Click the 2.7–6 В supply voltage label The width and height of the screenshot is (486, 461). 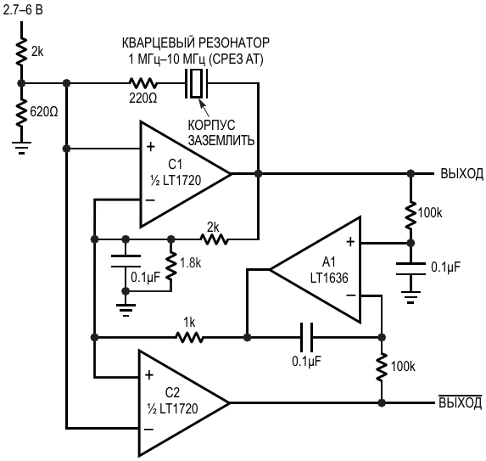pos(23,10)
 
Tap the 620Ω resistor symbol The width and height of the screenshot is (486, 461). pos(21,111)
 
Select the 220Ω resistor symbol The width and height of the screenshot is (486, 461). pos(142,83)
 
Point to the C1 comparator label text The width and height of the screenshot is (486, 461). pos(176,165)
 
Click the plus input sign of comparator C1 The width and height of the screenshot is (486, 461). pos(151,147)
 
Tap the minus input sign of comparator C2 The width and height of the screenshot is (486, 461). pos(148,430)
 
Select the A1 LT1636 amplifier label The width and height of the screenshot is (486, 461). pos(329,270)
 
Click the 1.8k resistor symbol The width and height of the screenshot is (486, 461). pos(170,265)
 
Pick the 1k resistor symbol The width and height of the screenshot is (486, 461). pos(190,337)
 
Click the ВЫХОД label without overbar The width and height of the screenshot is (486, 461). pos(461,174)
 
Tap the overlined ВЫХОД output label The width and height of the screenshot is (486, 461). pos(461,402)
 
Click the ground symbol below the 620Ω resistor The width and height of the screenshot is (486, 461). pos(21,148)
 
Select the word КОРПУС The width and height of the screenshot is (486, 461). pos(211,125)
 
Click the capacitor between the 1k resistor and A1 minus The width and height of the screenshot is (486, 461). pos(306,337)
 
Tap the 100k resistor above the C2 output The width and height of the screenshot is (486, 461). pos(382,367)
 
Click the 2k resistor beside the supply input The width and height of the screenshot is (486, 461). pos(21,52)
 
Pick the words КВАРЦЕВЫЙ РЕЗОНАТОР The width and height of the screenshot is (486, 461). pos(196,42)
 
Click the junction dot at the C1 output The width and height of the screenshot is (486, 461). pos(258,174)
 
